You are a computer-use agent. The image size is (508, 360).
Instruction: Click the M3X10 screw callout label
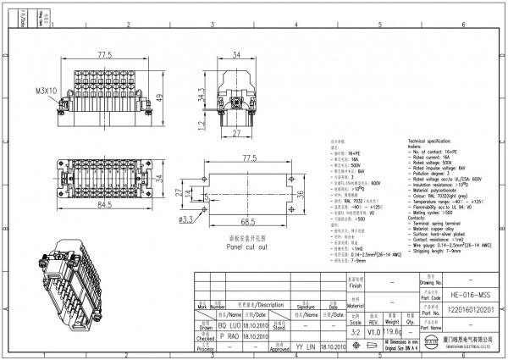click(x=47, y=90)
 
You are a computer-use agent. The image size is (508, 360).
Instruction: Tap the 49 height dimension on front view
click(x=160, y=97)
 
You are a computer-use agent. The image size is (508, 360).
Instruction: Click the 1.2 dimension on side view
click(x=201, y=127)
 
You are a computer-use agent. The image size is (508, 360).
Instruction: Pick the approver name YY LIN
click(x=306, y=347)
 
